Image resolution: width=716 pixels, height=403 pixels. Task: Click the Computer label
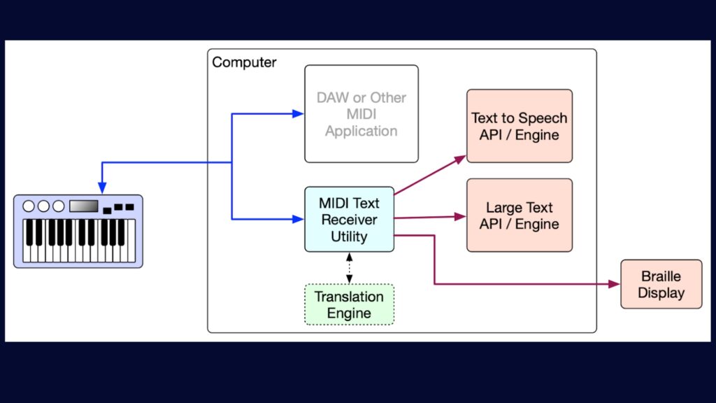[244, 62]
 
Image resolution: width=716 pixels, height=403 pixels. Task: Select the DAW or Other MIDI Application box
[361, 114]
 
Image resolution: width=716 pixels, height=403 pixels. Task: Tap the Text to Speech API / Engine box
[519, 126]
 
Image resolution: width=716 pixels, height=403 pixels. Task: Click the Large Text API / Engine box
[519, 215]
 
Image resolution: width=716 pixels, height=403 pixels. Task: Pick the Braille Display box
[661, 284]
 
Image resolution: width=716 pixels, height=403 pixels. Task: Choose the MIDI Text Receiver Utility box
[349, 220]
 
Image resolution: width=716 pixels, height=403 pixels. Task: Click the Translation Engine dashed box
[349, 304]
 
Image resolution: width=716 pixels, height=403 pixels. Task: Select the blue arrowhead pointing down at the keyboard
[102, 188]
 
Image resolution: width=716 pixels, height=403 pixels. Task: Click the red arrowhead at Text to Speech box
[460, 159]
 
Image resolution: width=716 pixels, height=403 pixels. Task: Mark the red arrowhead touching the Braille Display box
[615, 284]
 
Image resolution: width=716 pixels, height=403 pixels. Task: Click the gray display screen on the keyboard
[83, 206]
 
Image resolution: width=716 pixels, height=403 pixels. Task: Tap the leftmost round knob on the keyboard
[29, 206]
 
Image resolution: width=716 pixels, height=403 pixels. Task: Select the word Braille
[661, 276]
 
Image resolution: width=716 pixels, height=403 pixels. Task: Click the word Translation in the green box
[349, 297]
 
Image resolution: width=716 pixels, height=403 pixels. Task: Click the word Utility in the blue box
[349, 236]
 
